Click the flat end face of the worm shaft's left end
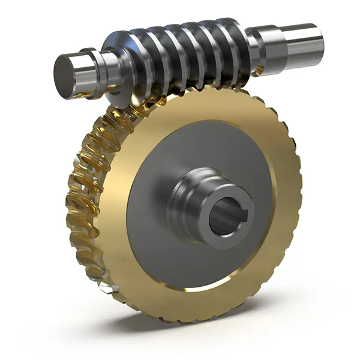65,71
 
